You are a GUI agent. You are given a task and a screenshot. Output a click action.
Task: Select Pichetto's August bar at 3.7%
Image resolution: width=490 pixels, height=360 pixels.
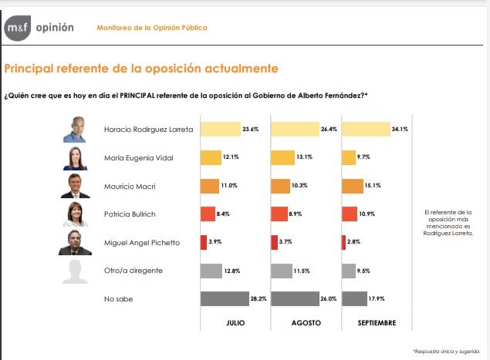[274, 242]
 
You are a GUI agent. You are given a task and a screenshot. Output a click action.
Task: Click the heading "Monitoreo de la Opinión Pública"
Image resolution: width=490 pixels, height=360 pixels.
[152, 29]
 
